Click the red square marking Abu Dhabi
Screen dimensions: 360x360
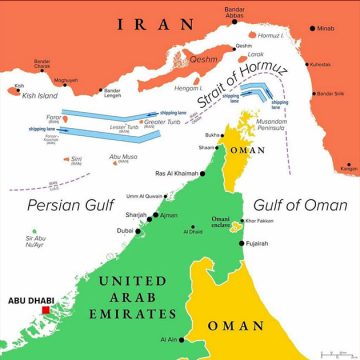(x=45, y=310)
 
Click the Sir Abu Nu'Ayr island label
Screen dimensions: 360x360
(x=36, y=241)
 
